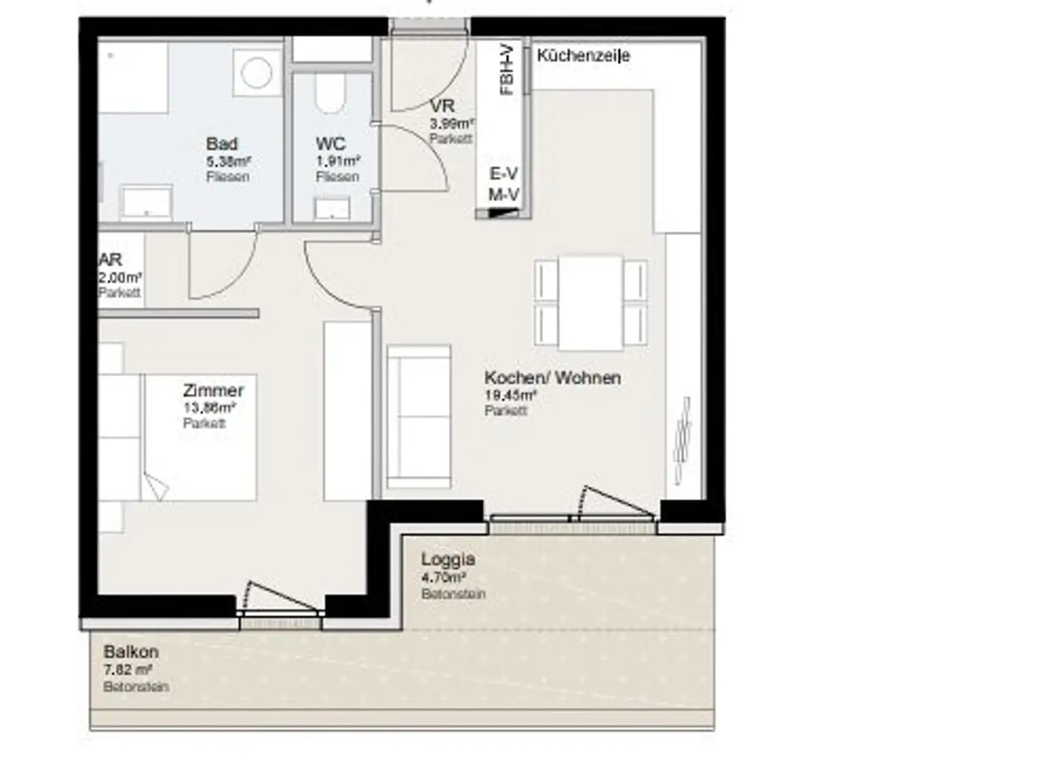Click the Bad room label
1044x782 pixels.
(x=222, y=144)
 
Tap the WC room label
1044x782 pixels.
(x=330, y=144)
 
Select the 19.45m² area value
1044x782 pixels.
(x=510, y=395)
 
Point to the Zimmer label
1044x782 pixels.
(x=213, y=391)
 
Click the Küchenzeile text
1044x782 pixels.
(x=583, y=56)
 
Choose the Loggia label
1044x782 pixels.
(x=447, y=559)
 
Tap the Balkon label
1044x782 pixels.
(x=130, y=652)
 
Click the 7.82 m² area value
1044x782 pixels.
(x=127, y=670)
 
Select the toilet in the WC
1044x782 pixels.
(x=330, y=93)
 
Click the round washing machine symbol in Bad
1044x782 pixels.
(x=256, y=73)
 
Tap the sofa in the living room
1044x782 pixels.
(x=419, y=416)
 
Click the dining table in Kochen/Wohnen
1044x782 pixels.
(x=590, y=302)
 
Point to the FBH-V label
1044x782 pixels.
(x=506, y=69)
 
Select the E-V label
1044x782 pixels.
(x=504, y=175)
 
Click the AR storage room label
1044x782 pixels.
(x=110, y=260)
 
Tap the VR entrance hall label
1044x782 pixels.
(x=442, y=107)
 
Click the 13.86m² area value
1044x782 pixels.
(x=209, y=408)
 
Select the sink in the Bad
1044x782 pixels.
(x=146, y=202)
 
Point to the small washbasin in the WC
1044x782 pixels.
(x=332, y=208)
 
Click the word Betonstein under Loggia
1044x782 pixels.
(x=453, y=594)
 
